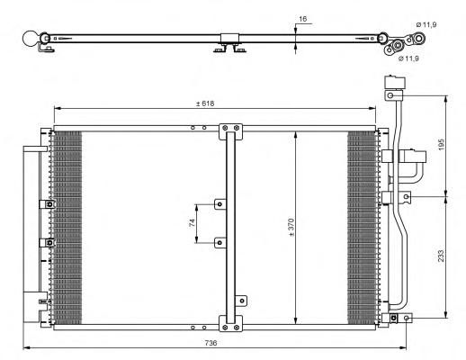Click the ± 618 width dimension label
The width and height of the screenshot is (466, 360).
205,103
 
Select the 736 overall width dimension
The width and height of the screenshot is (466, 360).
211,343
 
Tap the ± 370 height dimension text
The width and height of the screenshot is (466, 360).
291,227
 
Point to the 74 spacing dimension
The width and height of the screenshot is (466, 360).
192,222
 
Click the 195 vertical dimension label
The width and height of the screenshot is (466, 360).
441,145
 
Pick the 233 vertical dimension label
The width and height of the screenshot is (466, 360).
441,256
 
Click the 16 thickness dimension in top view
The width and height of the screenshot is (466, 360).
303,19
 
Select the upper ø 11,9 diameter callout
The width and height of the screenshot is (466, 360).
426,25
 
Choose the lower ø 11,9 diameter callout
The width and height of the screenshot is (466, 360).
408,58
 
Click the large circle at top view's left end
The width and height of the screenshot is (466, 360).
31,39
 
